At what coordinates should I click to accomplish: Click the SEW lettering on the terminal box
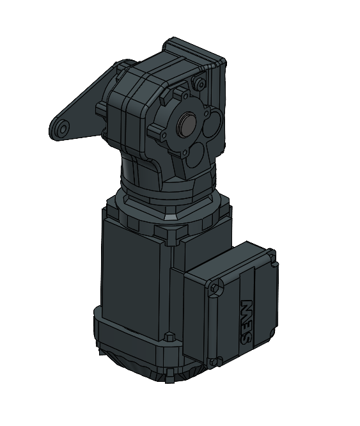[246, 323]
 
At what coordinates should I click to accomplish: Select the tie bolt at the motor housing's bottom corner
[169, 337]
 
